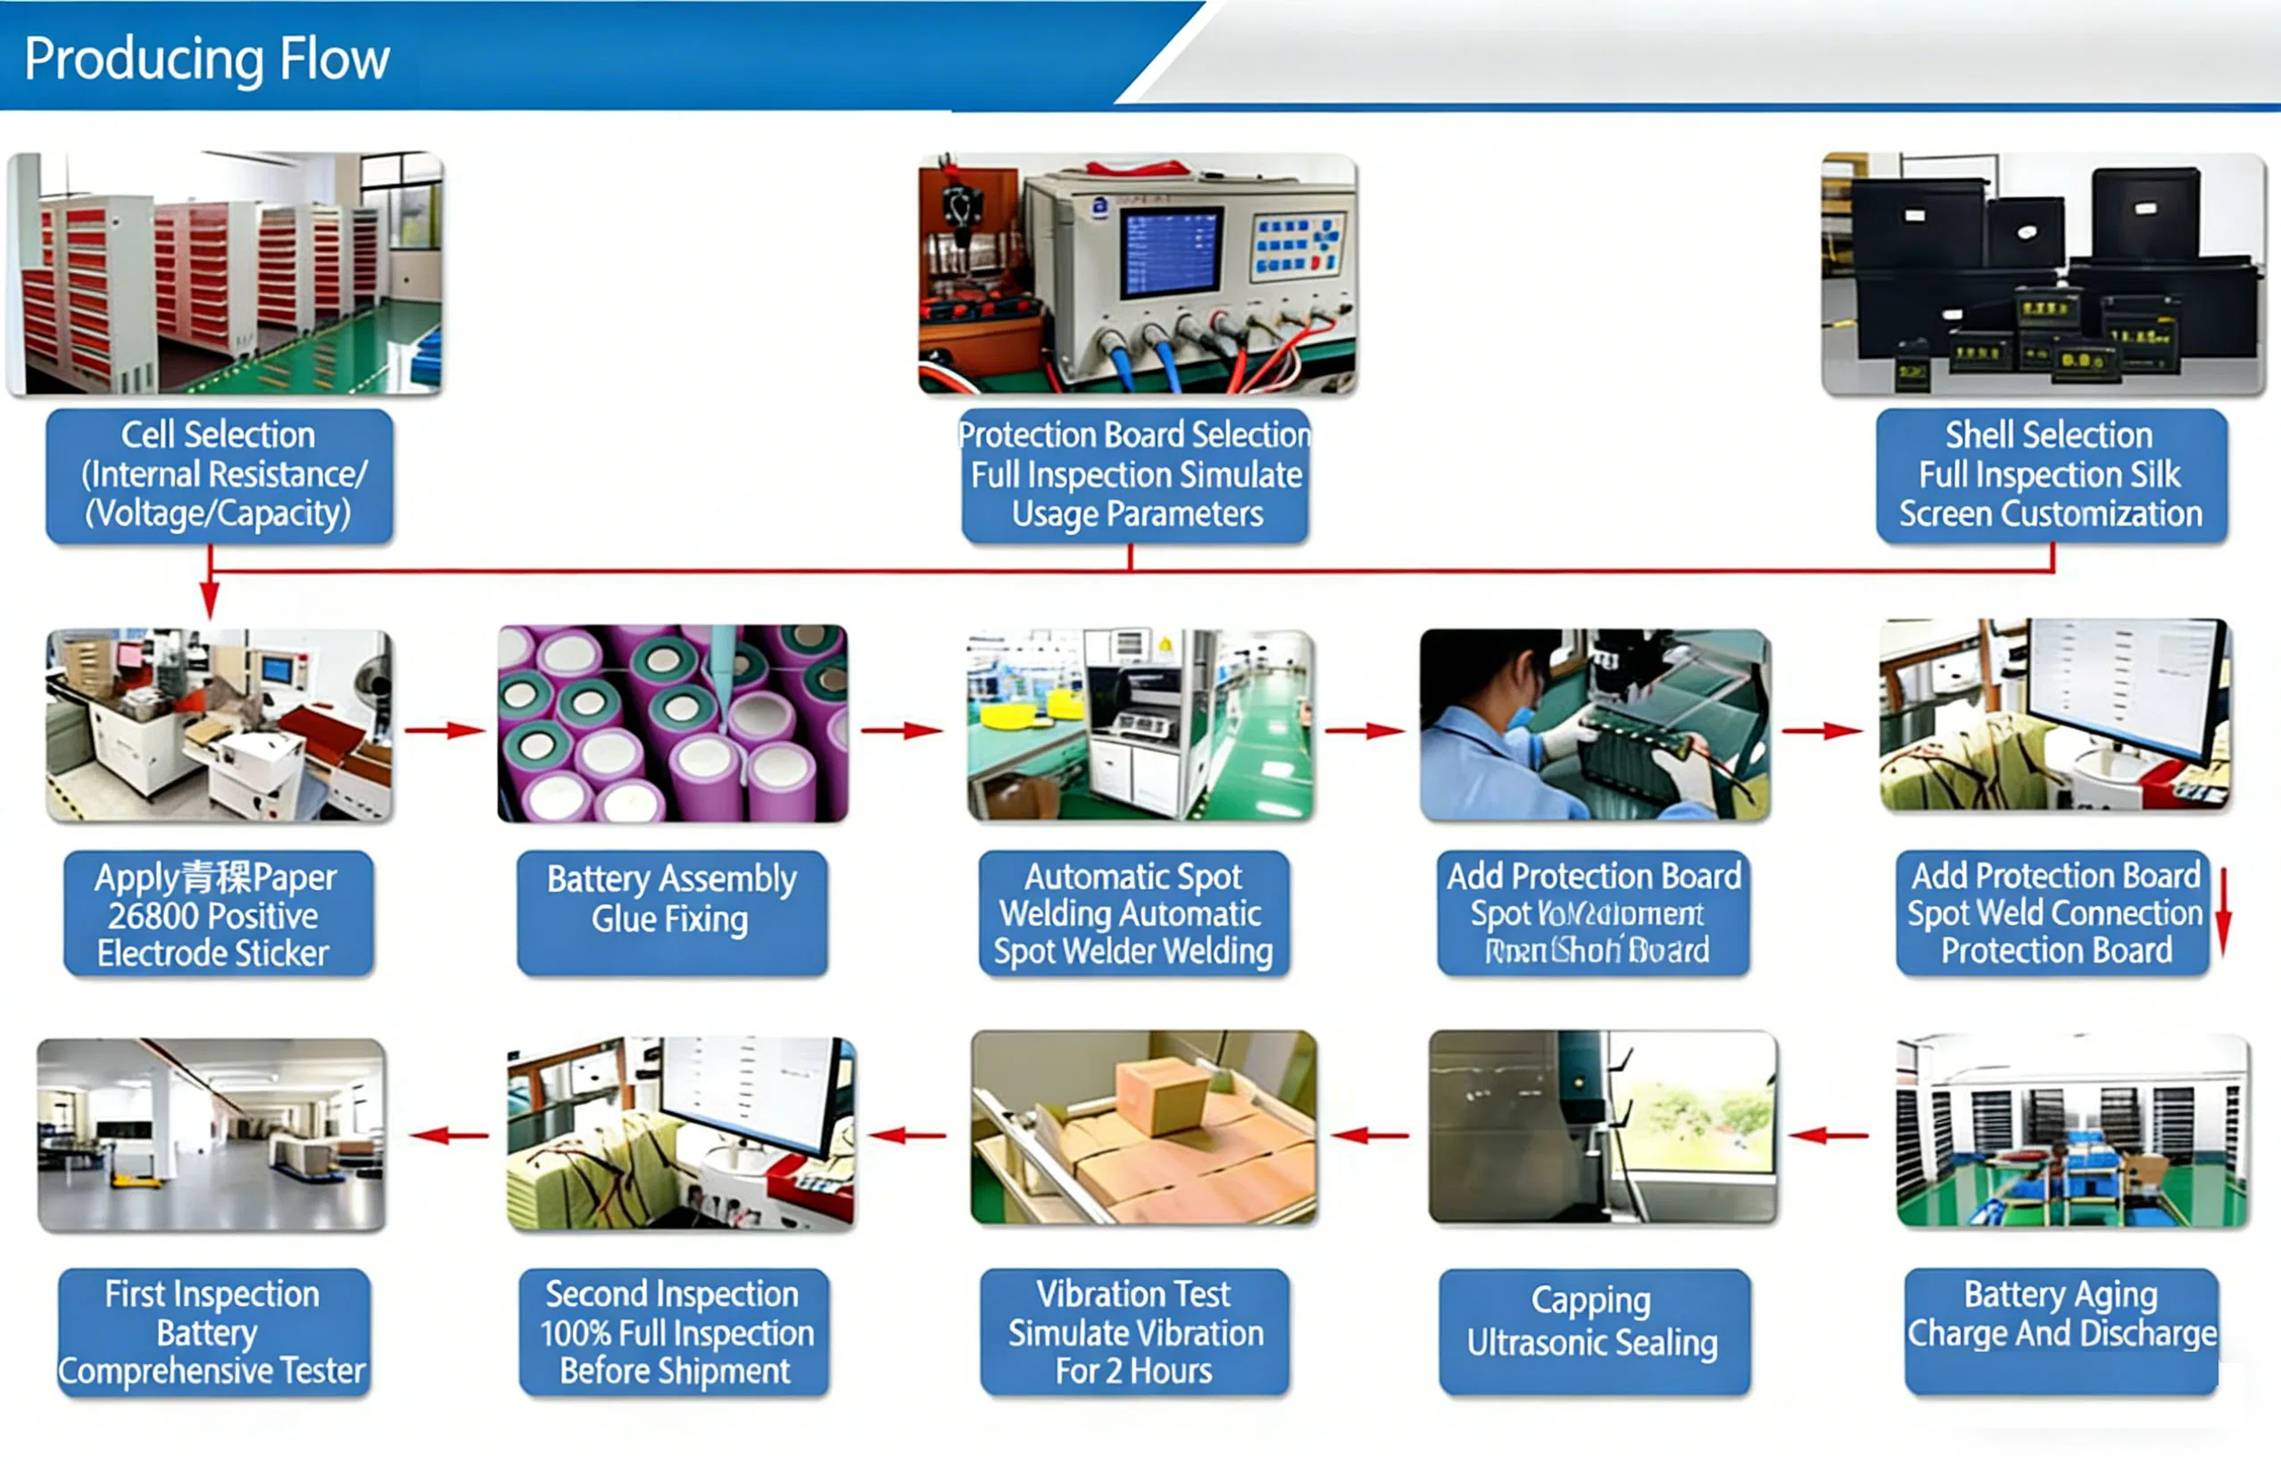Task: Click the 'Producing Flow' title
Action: point(206,59)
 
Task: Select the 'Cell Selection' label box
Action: point(219,475)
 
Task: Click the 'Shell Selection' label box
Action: point(2050,475)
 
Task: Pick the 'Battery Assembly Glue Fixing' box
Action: point(671,912)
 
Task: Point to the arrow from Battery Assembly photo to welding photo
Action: point(901,730)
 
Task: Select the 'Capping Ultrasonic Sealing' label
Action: point(1593,1331)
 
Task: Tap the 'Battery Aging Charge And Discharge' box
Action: point(2061,1331)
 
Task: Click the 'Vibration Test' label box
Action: point(1134,1331)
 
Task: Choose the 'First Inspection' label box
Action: point(213,1331)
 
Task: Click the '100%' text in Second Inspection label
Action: point(575,1333)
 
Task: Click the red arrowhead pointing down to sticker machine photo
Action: point(210,601)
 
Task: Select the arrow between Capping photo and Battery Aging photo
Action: point(1827,1135)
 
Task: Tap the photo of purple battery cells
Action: point(672,722)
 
